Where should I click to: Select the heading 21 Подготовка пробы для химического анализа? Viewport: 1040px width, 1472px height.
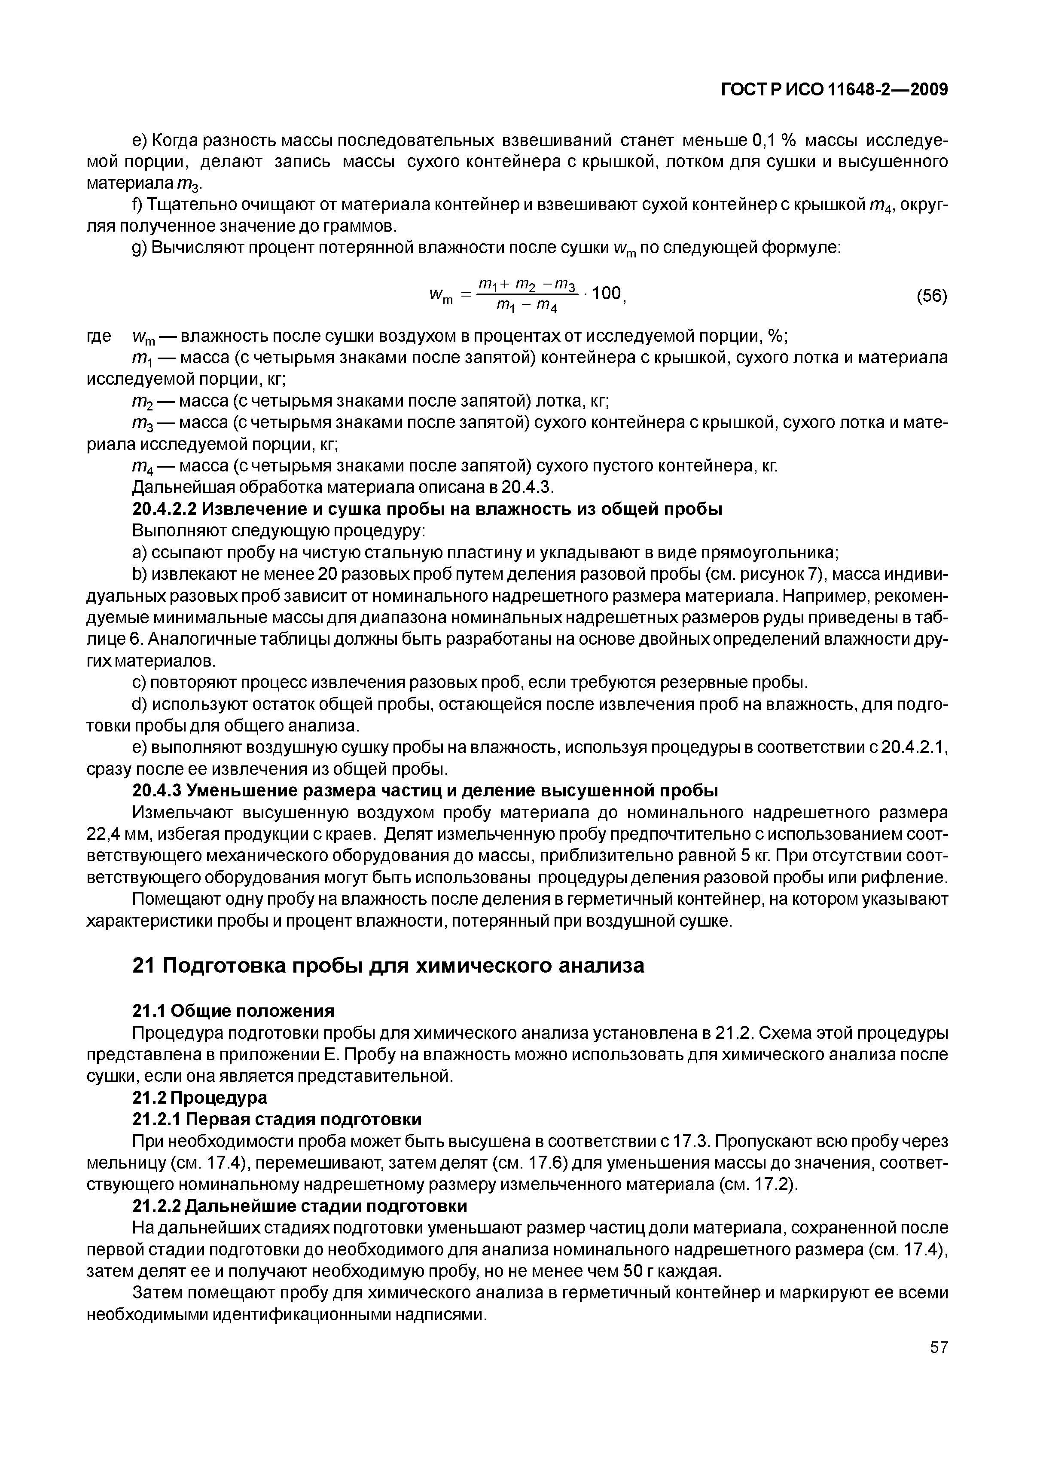[387, 966]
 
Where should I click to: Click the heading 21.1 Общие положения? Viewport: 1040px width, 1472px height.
[233, 1011]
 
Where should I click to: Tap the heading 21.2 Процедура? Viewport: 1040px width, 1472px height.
[199, 1098]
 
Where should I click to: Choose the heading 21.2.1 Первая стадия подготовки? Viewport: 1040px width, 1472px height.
[277, 1120]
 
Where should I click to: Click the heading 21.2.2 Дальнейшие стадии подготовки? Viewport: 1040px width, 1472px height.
[299, 1206]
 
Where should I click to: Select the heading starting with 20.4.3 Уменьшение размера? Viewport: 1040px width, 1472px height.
[425, 790]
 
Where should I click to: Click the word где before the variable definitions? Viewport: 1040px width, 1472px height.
[99, 336]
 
